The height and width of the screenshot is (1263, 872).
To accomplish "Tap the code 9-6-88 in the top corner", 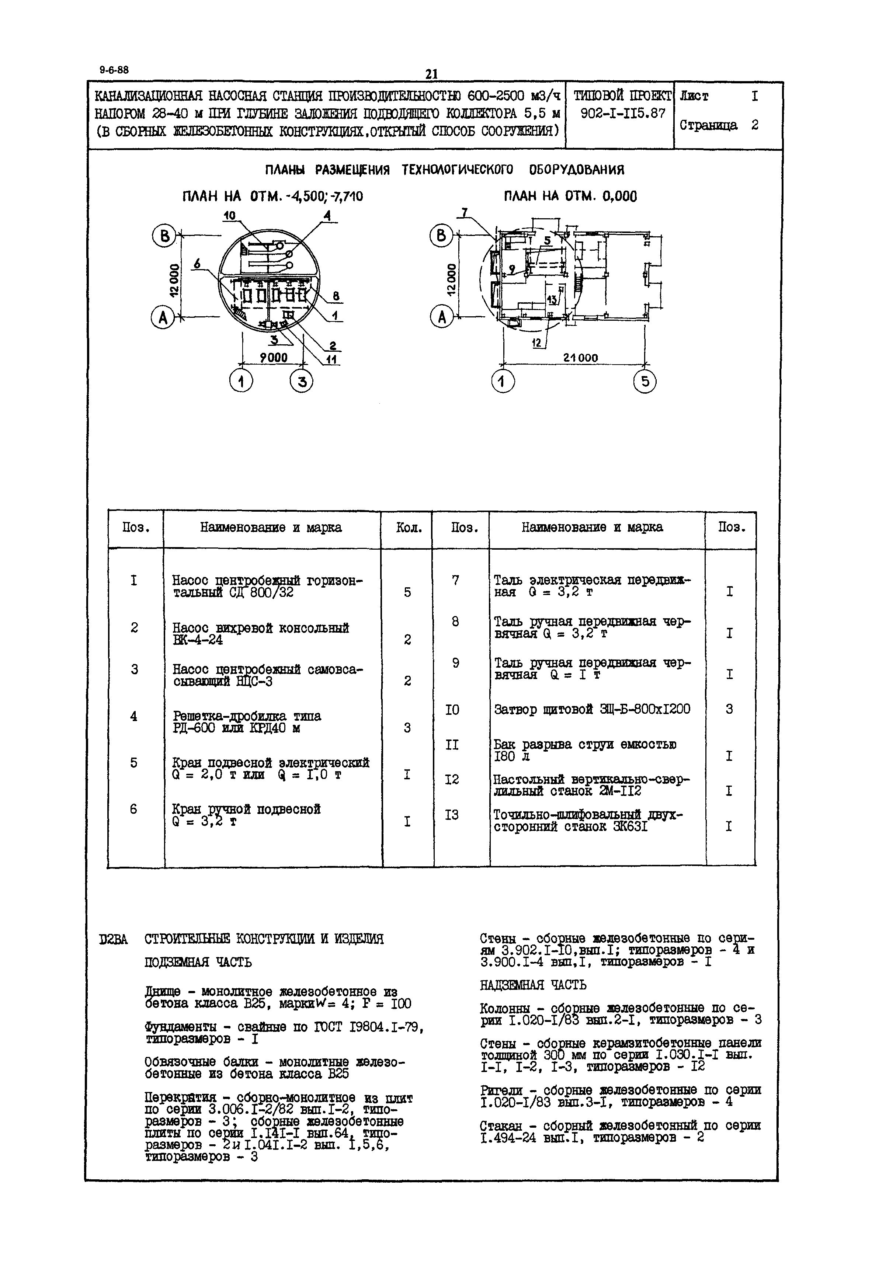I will pyautogui.click(x=114, y=70).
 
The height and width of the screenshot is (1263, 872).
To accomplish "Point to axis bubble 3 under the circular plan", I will pyautogui.click(x=301, y=381).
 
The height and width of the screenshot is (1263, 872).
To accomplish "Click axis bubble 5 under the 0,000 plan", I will pyautogui.click(x=645, y=381).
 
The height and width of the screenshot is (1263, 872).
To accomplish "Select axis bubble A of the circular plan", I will pyautogui.click(x=162, y=317).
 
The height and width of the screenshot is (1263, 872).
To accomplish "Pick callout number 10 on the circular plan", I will pyautogui.click(x=229, y=216).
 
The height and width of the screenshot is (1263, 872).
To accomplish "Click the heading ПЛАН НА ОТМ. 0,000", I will pyautogui.click(x=570, y=196).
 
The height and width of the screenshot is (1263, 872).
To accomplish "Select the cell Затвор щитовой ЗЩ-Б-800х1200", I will pyautogui.click(x=592, y=709).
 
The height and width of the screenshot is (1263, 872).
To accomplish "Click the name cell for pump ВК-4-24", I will pyautogui.click(x=261, y=634).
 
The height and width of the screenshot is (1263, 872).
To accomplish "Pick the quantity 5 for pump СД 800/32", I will pyautogui.click(x=407, y=592).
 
